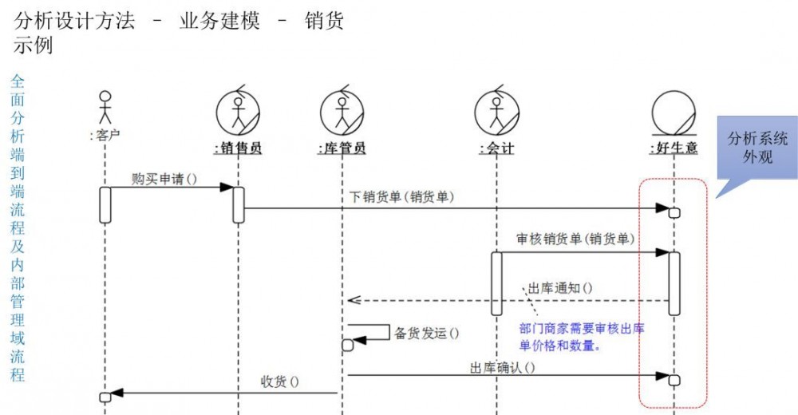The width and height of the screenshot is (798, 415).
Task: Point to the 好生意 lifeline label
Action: (674, 148)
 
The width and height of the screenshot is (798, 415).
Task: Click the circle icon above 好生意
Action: (674, 112)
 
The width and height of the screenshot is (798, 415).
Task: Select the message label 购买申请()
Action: (164, 180)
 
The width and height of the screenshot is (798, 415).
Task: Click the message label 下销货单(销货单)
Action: (402, 197)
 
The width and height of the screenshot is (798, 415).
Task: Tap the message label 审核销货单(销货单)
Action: (576, 239)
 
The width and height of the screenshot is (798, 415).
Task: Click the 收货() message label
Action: (280, 381)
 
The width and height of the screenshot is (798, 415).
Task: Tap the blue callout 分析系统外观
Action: (757, 148)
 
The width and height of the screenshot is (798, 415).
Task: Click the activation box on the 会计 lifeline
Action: (496, 283)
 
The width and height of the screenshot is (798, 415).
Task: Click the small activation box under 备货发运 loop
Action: (347, 346)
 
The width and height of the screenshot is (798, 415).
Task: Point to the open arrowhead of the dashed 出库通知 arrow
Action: (352, 301)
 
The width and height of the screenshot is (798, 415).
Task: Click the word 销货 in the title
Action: (324, 21)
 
